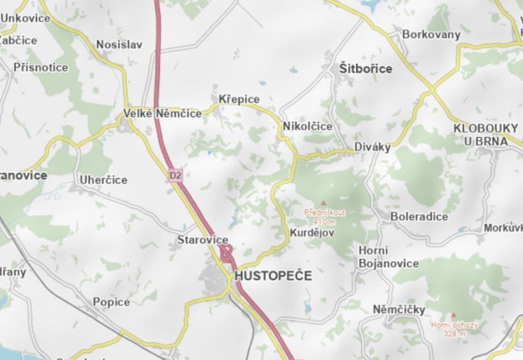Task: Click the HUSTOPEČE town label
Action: click(273, 275)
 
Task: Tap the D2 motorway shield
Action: click(176, 175)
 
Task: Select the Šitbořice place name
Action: click(365, 69)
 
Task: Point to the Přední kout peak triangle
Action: click(323, 203)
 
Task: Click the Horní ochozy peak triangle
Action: click(453, 315)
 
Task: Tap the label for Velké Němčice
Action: click(162, 114)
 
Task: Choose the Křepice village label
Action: click(239, 99)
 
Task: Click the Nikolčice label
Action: click(307, 126)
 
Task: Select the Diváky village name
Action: click(372, 147)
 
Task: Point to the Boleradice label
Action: click(419, 216)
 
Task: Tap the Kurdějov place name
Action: click(312, 233)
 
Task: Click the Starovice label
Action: click(203, 240)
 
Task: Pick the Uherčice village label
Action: click(104, 180)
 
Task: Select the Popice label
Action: click(111, 302)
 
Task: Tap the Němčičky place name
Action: click(399, 310)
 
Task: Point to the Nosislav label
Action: click(119, 45)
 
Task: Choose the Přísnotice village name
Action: click(41, 67)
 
